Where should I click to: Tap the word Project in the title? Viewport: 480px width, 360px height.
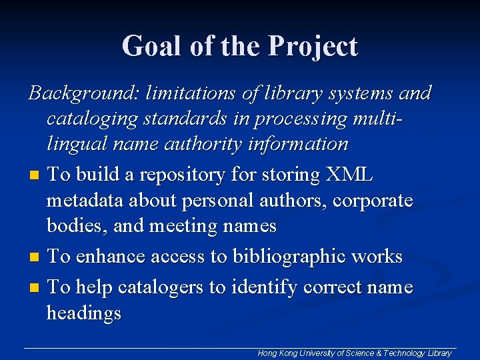click(313, 47)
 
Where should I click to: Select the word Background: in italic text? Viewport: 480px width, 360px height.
click(78, 93)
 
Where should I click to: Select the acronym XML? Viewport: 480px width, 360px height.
click(349, 175)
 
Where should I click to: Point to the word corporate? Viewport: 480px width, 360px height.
click(373, 201)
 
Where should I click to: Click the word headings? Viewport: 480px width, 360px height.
click(83, 313)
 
